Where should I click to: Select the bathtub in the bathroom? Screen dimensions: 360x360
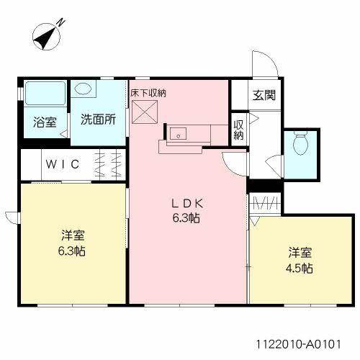point(45,94)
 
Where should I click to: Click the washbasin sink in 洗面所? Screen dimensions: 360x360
point(85,89)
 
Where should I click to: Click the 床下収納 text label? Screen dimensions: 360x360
point(148,92)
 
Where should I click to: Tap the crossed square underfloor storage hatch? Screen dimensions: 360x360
point(143,112)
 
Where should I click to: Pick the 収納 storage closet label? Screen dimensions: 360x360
point(238,129)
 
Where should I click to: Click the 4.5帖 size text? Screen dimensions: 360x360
point(301,268)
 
